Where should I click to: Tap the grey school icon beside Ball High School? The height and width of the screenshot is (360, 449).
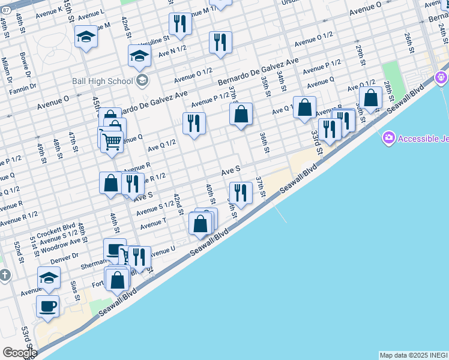(142, 80)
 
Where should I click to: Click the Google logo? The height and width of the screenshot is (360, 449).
(19, 353)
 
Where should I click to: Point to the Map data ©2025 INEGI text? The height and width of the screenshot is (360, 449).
(414, 355)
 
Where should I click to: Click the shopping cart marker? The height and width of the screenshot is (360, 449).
(112, 142)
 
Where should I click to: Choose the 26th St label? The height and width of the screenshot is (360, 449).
(408, 41)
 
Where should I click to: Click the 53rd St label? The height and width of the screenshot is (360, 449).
(25, 334)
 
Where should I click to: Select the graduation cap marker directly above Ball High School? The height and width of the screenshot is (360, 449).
(139, 56)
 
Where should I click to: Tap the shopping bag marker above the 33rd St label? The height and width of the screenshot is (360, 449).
(305, 108)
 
